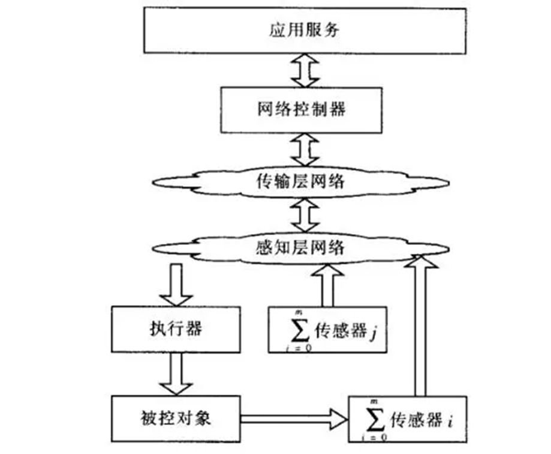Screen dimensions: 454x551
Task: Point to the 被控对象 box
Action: click(x=176, y=417)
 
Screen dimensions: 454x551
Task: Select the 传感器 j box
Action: click(x=327, y=329)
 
